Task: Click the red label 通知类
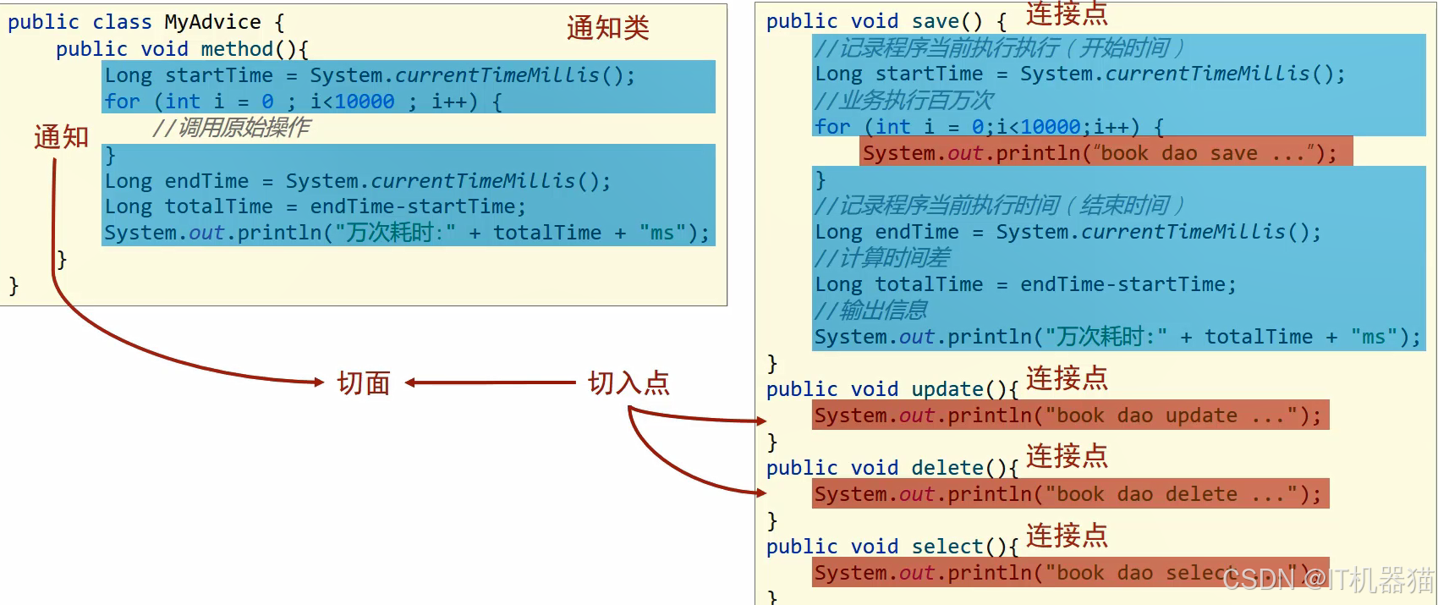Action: pos(607,28)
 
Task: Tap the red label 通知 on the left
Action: pos(61,136)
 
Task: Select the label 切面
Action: pos(364,383)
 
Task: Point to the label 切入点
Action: pos(628,383)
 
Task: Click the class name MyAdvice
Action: pos(212,22)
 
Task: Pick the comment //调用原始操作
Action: pos(231,128)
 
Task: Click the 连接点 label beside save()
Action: pos(1066,14)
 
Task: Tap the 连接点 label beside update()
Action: pos(1066,378)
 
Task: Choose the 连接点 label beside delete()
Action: pos(1066,456)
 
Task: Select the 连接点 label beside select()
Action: pos(1066,535)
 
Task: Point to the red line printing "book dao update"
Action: pos(1070,415)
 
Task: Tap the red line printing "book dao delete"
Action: pos(1070,494)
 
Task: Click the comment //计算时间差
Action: pos(882,258)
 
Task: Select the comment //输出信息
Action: pos(871,311)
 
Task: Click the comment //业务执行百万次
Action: pos(903,101)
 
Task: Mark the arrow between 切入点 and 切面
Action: pos(491,383)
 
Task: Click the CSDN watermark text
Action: pos(1328,580)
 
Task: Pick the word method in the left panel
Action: pos(237,49)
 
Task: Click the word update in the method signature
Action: pos(947,389)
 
